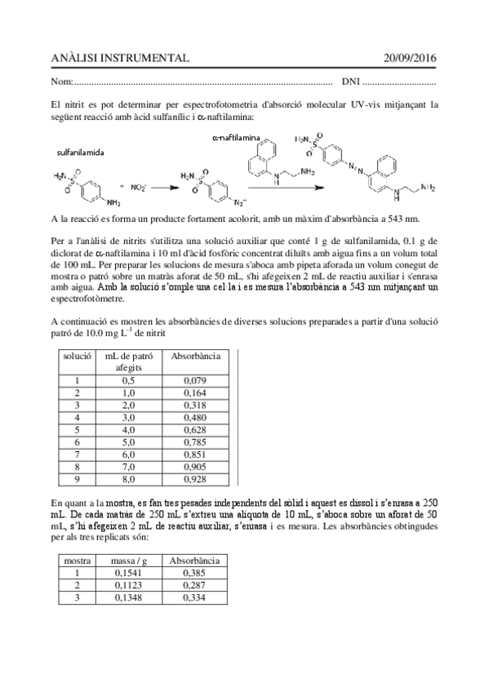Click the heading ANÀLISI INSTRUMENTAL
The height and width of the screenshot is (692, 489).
click(119, 58)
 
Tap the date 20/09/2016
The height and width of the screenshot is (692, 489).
click(411, 58)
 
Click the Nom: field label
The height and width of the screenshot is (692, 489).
click(61, 82)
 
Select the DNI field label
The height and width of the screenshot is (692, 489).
click(350, 82)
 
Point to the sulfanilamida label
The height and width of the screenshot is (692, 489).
click(80, 153)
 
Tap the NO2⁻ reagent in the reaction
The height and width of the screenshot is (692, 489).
click(138, 187)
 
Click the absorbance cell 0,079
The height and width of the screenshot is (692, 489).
click(194, 379)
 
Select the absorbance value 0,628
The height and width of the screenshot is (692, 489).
click(194, 429)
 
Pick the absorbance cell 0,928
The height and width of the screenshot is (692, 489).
click(194, 479)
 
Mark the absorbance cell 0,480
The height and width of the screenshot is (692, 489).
click(194, 417)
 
